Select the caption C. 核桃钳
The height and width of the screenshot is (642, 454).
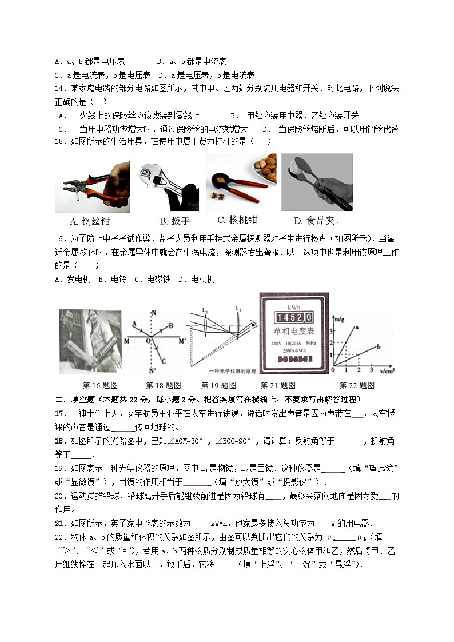tap(237, 220)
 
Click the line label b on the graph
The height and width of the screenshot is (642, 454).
tap(379, 346)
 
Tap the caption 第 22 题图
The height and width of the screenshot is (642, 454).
tap(357, 385)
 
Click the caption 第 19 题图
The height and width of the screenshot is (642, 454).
tap(218, 385)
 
